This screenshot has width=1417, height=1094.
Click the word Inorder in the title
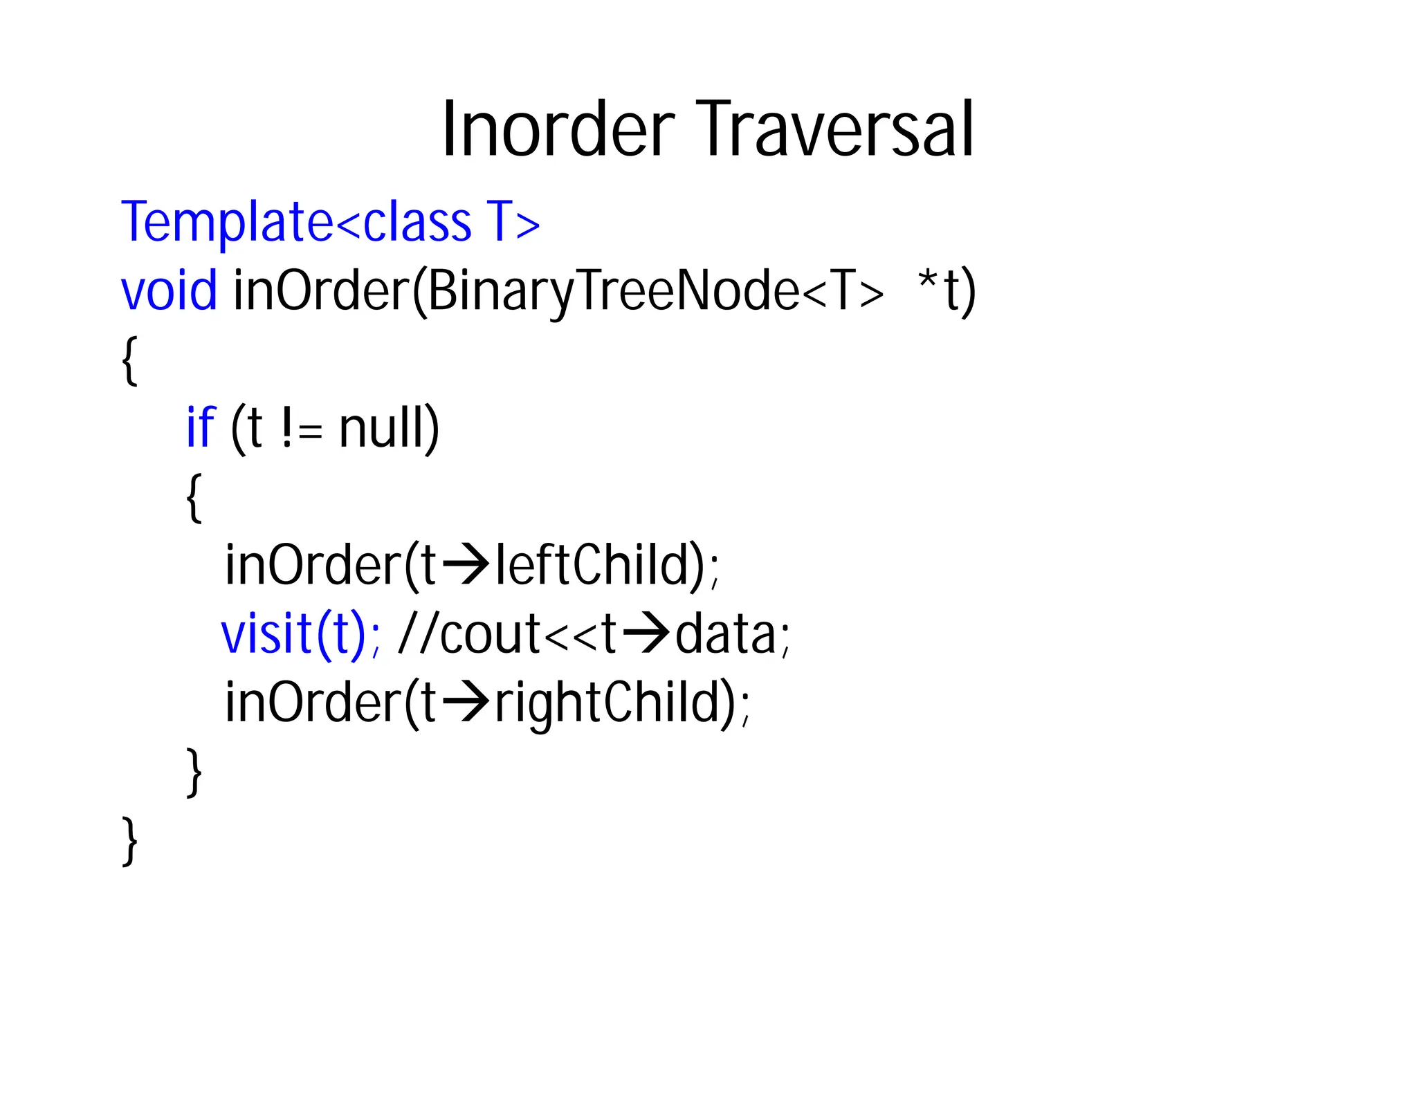[x=558, y=130]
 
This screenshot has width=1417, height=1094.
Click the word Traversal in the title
[x=835, y=130]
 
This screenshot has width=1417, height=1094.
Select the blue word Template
[x=228, y=222]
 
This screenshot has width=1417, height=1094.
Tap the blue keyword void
[x=169, y=290]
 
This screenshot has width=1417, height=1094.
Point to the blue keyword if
[x=201, y=427]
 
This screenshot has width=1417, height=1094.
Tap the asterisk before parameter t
[x=927, y=282]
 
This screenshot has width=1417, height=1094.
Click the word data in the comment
[x=726, y=634]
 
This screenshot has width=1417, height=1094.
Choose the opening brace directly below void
[x=129, y=360]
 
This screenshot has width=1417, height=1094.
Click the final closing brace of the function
[x=129, y=840]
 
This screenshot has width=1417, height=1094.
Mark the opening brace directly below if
[x=194, y=497]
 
